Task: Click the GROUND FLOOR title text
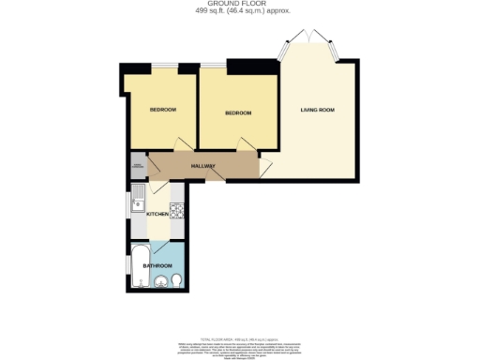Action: click(x=239, y=5)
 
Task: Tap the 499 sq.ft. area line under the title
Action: click(x=239, y=12)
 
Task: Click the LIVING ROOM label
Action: click(x=317, y=111)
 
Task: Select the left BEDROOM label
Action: click(x=163, y=110)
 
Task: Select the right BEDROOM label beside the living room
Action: click(x=237, y=113)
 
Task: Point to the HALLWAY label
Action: click(x=203, y=167)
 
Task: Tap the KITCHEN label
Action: click(x=157, y=215)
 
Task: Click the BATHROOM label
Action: click(x=157, y=265)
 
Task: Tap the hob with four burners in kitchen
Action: click(x=175, y=209)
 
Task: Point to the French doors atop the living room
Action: click(x=307, y=39)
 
